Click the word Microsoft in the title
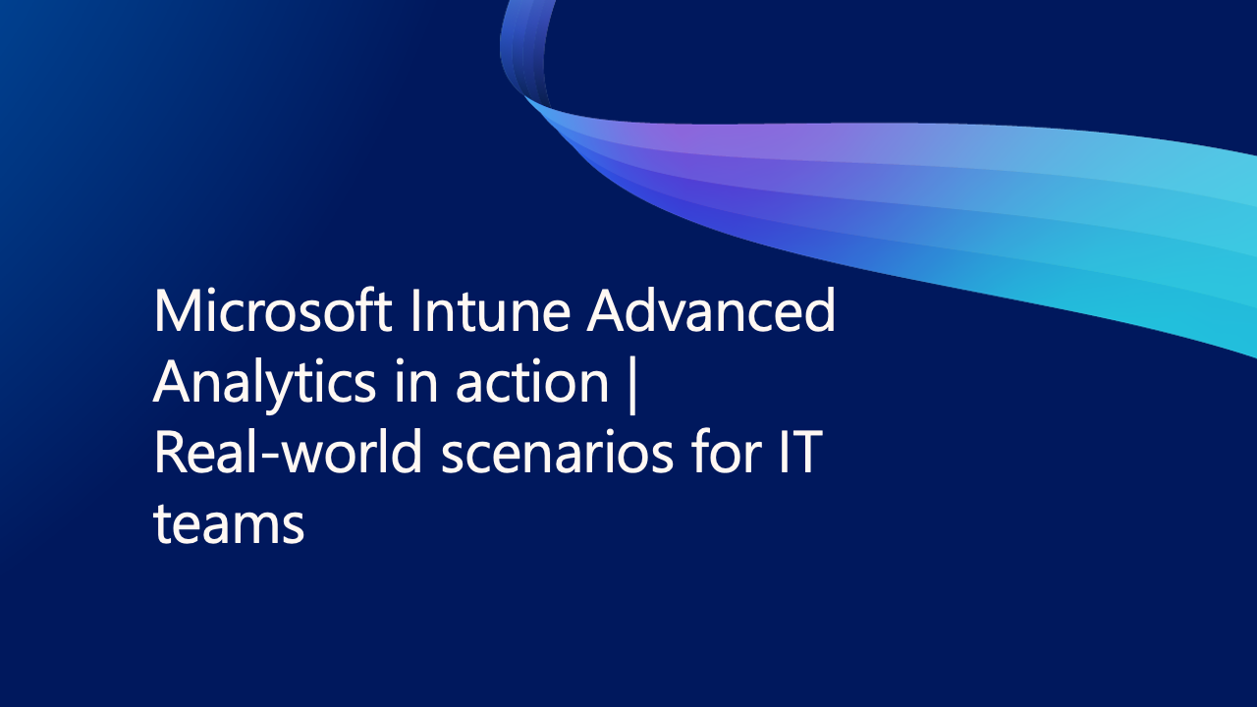[x=273, y=310]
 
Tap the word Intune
[x=491, y=310]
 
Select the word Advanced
[x=711, y=310]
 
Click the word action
[x=532, y=382]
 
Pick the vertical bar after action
[x=633, y=386]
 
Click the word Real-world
[x=288, y=452]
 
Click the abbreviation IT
[x=801, y=453]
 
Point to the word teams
[x=229, y=523]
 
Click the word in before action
[x=415, y=382]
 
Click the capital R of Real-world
[x=170, y=452]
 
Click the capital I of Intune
[x=415, y=310]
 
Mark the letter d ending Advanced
[x=819, y=310]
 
